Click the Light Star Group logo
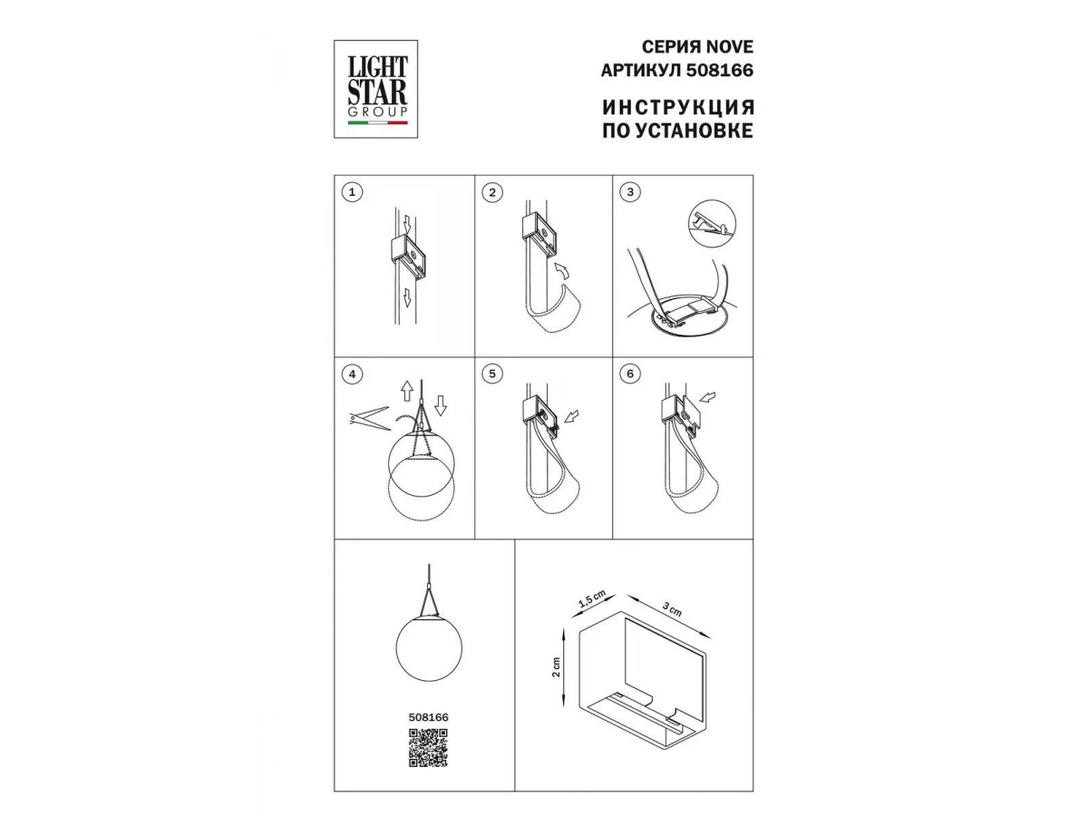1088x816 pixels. tap(375, 89)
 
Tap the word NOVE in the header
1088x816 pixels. tap(729, 47)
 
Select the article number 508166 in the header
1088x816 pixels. tap(719, 71)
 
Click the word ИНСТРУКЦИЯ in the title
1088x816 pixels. tap(678, 107)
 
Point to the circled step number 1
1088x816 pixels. tap(352, 192)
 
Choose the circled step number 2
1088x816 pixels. tap(491, 193)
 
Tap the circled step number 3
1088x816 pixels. tap(630, 192)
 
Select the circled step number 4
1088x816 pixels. tap(352, 374)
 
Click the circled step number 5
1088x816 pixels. tap(491, 374)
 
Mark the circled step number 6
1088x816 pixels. tap(630, 374)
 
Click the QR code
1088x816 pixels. tap(428, 748)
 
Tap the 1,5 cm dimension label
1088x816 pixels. tap(591, 599)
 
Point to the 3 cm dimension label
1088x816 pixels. tap(672, 609)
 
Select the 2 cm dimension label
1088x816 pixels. tap(556, 667)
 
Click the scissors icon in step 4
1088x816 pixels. tap(370, 418)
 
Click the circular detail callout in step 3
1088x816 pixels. tap(712, 223)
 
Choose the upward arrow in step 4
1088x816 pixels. tap(407, 391)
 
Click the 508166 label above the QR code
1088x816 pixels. tap(428, 717)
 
